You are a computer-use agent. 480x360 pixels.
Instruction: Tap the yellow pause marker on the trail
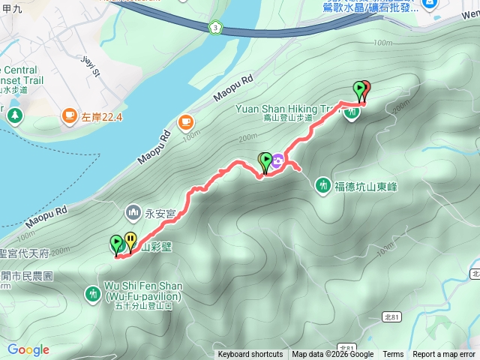click(131, 241)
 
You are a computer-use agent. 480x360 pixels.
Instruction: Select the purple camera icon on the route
click(278, 160)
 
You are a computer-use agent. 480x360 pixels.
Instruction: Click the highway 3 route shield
click(215, 27)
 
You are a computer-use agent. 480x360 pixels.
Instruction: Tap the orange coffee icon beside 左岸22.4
click(69, 115)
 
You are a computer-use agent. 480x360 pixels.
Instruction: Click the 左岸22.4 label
click(102, 116)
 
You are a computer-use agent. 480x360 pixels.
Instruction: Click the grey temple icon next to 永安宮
click(134, 213)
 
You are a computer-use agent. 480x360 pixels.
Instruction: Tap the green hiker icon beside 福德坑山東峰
click(324, 184)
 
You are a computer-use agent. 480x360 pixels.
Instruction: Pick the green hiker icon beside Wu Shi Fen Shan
click(93, 292)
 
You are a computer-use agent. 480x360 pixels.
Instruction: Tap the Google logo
click(28, 349)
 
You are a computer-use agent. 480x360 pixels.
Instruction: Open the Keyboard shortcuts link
click(250, 355)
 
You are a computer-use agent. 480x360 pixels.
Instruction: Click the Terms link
click(393, 355)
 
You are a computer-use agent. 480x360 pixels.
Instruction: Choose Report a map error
click(445, 355)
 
